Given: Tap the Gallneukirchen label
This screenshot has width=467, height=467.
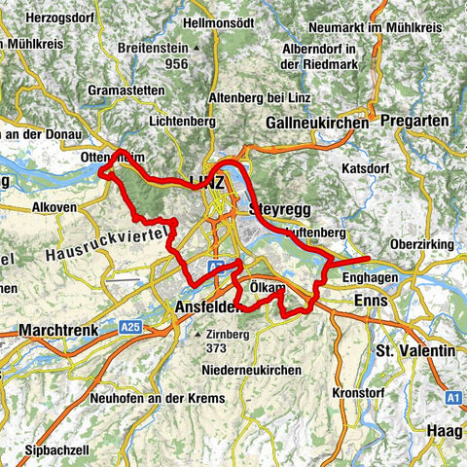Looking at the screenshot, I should pos(317,124).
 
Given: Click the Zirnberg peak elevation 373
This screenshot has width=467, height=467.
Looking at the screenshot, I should pos(217,349).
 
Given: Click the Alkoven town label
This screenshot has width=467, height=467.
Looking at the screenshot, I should pos(50,207).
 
